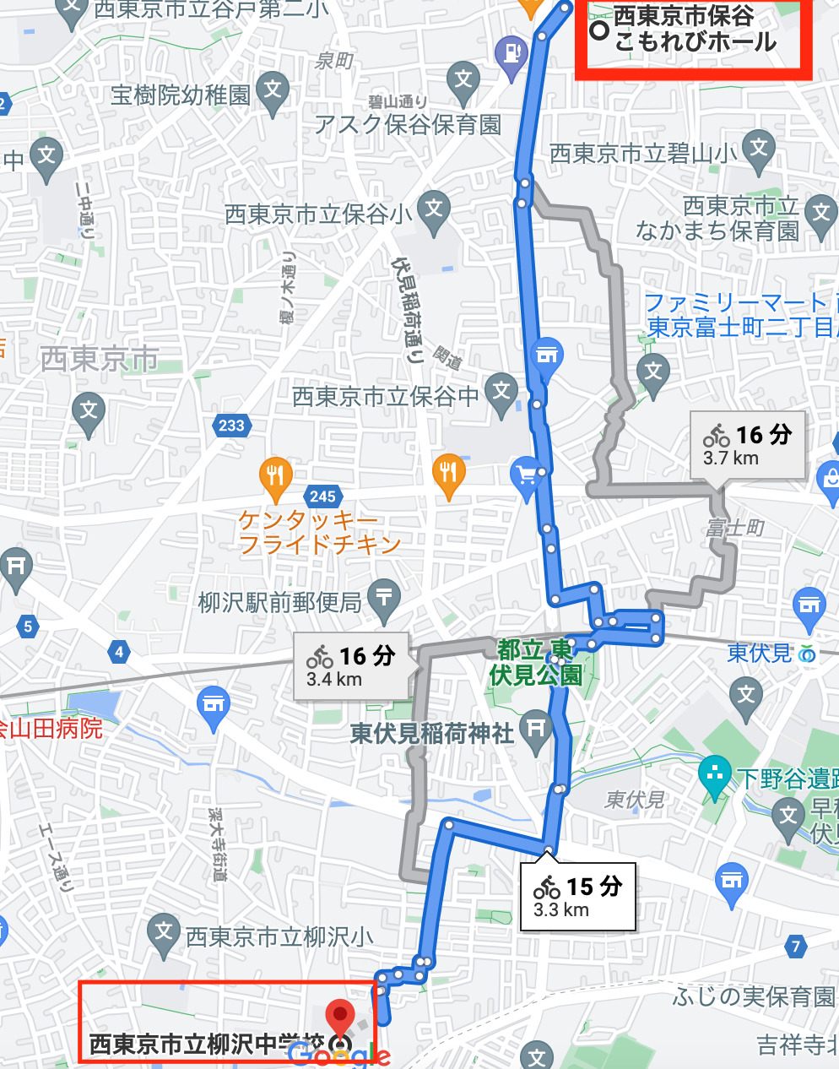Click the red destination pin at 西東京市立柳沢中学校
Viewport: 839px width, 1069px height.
tap(339, 1014)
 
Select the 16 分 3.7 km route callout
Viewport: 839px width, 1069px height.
tap(747, 445)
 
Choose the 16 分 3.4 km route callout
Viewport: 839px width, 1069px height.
tap(351, 666)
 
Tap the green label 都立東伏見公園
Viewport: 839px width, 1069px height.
tap(536, 662)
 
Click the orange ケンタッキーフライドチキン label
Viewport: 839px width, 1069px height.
tap(318, 532)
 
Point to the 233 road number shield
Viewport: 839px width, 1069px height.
tap(231, 426)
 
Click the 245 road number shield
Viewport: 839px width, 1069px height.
tap(322, 497)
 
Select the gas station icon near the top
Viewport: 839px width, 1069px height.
tap(512, 54)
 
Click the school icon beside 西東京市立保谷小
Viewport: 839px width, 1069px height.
tap(434, 208)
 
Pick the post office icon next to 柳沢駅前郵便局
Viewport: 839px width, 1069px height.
tap(384, 597)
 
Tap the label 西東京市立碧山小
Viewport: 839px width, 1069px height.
tap(643, 154)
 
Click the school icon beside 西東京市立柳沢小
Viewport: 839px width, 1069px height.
tap(163, 932)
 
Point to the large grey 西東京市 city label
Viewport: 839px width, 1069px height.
tap(100, 359)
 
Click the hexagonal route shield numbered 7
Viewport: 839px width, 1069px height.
tap(795, 946)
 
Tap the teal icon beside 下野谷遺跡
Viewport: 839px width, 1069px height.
tap(716, 774)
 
